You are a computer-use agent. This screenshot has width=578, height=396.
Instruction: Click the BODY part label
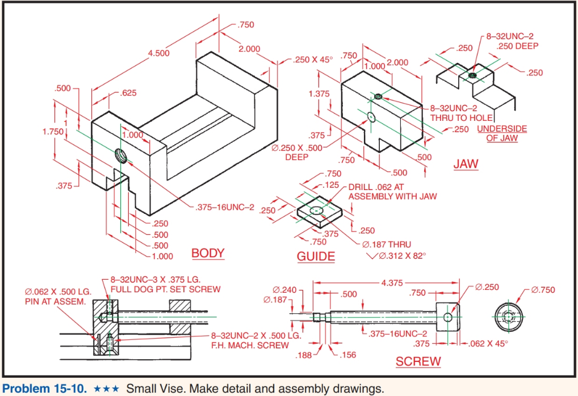pos(208,253)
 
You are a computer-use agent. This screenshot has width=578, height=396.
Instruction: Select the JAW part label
pos(466,164)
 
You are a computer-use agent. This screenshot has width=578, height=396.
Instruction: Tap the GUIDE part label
pos(316,256)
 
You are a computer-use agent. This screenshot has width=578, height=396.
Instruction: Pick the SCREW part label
pos(418,361)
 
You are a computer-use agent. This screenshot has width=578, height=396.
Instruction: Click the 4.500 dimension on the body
pos(158,53)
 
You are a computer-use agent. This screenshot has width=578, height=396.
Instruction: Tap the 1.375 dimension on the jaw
pos(319,94)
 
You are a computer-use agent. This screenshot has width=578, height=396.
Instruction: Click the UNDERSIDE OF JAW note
pos(501,133)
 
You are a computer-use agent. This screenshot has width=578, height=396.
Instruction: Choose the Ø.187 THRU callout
pos(390,245)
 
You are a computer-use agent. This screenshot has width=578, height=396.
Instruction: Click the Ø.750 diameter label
pos(543,290)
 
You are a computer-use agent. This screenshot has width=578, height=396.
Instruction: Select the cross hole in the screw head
pos(448,317)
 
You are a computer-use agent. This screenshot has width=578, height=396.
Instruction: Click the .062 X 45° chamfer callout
pos(489,343)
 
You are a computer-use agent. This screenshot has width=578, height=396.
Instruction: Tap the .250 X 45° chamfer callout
pos(313,60)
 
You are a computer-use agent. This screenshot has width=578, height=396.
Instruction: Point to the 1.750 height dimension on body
pos(53,132)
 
